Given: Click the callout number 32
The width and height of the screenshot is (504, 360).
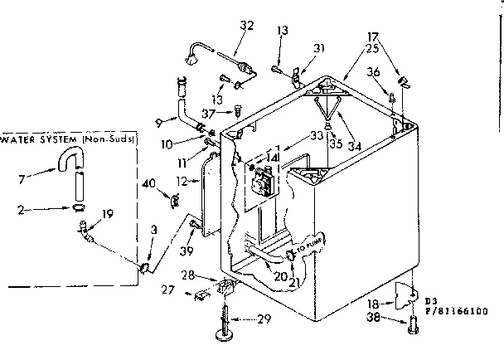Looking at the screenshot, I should coord(245,26).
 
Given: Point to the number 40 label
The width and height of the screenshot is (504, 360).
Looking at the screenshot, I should coord(150,183).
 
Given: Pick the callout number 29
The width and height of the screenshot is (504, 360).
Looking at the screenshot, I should coord(264,319).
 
